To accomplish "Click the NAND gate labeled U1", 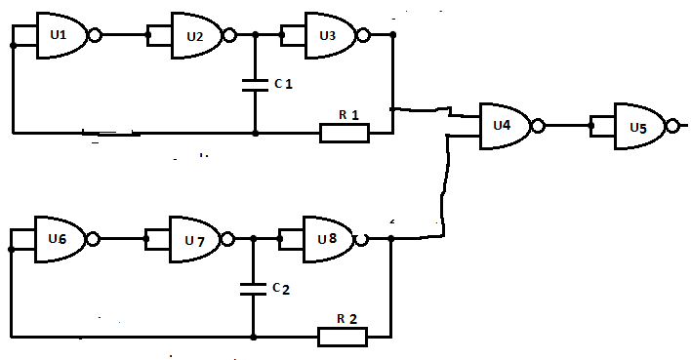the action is point(61,35).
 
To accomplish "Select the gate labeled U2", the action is point(196,35).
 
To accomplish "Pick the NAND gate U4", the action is point(505,127).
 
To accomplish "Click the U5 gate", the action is point(640,127).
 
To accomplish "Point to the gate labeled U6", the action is point(60,239).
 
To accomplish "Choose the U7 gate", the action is point(195,239).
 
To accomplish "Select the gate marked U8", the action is point(329,239).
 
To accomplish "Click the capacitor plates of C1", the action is point(255,85).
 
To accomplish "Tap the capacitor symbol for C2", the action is point(254,289).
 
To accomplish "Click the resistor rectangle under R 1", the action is point(345,133).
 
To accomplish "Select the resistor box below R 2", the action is point(343,338).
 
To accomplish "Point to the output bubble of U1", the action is point(96,35).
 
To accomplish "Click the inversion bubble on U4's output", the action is point(539,127).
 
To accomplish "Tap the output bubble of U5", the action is point(672,127).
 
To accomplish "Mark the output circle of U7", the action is point(227,239).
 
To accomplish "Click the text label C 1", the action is point(283,83).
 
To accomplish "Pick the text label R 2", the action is point(346,319).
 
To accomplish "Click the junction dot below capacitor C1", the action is point(255,133).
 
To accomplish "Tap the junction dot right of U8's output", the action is point(391,238).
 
